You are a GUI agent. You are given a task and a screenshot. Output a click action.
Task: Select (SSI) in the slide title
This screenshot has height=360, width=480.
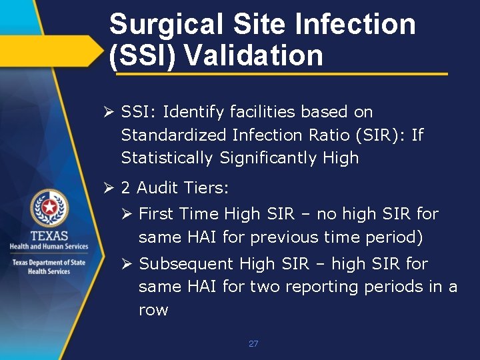pos(142,55)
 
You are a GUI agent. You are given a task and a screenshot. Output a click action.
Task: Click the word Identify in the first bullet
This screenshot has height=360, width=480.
pos(193,112)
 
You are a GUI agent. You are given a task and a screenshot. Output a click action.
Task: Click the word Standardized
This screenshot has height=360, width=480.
pos(174,135)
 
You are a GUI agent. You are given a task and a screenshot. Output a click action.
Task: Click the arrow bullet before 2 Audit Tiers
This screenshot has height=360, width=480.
pos(111,189)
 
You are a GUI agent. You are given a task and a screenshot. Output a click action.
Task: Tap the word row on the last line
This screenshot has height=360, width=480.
pos(153,310)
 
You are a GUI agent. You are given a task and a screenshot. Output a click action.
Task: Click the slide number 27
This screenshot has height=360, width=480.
pos(253,344)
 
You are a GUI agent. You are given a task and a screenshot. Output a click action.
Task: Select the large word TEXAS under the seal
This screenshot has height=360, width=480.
pos(49,236)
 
